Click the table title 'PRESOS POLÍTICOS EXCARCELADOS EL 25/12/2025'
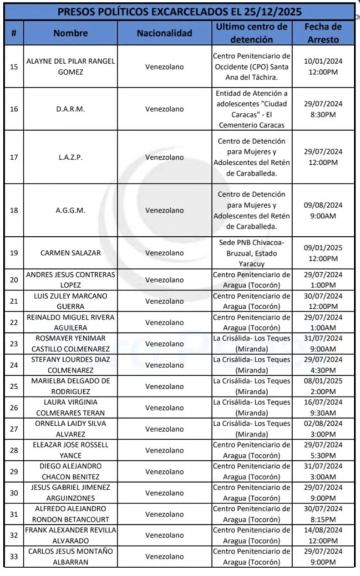pos(180,11)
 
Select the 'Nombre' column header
pos(71,33)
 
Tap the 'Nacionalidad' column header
pos(164,33)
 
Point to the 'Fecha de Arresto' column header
pos(323,33)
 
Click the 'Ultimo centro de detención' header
pos(251,33)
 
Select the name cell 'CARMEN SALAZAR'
pos(71,253)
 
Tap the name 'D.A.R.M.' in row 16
pos(71,109)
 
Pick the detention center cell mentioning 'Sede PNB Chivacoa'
pos(251,253)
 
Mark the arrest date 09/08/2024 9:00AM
pos(323,210)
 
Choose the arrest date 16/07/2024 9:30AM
pos(323,407)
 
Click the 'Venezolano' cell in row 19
pos(164,253)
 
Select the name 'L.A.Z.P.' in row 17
pos(71,157)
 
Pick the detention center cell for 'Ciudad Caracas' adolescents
pos(251,109)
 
